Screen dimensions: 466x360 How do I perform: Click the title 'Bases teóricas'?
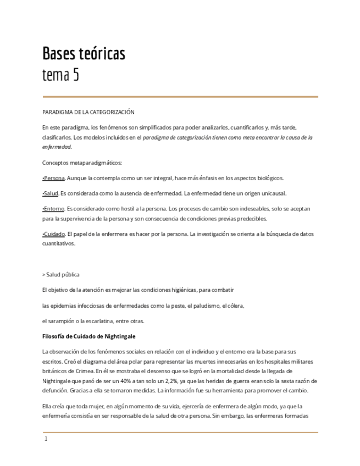[84, 54]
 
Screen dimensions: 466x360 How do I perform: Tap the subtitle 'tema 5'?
[60, 75]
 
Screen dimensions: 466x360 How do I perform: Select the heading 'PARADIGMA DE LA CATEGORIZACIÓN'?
[88, 112]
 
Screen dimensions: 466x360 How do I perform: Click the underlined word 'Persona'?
[54, 178]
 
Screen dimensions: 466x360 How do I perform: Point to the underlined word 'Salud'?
[51, 193]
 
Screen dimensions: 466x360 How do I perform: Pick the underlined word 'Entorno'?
[54, 209]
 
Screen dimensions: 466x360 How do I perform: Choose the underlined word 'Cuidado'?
[54, 234]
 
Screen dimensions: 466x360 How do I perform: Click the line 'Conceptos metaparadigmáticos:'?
[82, 163]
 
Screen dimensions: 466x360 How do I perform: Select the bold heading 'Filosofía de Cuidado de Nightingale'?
[88, 336]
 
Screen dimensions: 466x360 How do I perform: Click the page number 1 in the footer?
[46, 439]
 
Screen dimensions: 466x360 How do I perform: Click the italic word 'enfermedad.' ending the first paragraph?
[57, 147]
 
